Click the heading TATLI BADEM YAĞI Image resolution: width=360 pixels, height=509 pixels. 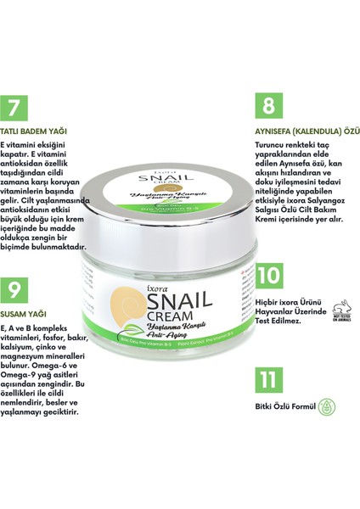coord(37,131)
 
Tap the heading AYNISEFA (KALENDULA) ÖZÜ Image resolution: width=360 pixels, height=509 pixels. coord(302,131)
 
